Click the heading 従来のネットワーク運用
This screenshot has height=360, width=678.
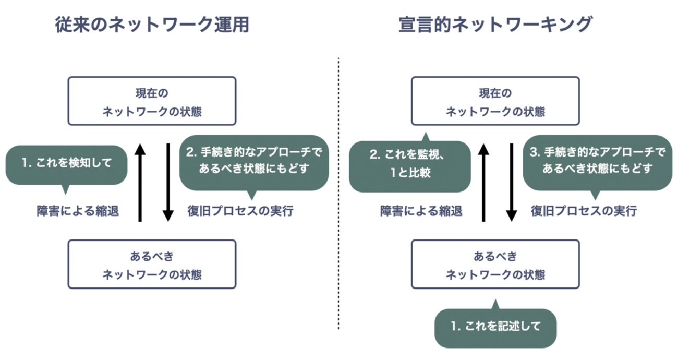(152, 25)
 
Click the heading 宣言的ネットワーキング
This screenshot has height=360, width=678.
(495, 25)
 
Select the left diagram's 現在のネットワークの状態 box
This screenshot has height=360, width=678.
(152, 101)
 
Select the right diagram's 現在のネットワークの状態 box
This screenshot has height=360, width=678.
(495, 101)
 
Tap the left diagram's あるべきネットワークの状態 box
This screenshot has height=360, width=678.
(152, 263)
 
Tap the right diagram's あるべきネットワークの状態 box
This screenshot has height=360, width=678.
(495, 263)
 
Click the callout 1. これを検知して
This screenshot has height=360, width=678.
(67, 163)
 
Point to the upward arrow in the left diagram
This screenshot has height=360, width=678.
(140, 183)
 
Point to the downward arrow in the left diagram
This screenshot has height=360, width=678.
(168, 183)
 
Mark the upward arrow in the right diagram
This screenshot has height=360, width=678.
(483, 183)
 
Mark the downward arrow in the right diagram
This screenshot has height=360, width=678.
(512, 183)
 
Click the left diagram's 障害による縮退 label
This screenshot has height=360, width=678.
(78, 211)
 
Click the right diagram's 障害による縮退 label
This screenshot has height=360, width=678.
(421, 211)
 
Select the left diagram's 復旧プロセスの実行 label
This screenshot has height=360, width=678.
(240, 211)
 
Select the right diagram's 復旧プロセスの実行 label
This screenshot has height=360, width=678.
(584, 211)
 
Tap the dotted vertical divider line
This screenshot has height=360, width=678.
(338, 193)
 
